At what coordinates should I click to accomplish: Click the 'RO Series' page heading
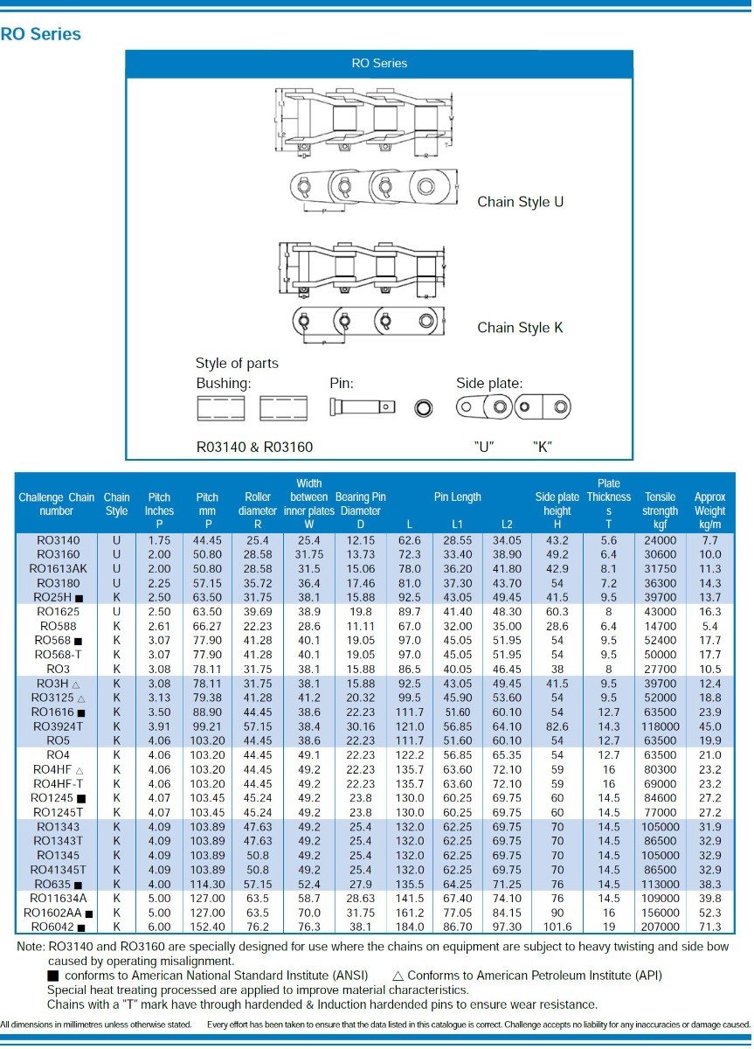41,34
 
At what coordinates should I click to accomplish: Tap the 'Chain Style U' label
520,202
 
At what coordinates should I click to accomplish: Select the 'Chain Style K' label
520,328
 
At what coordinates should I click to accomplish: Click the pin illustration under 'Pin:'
362,406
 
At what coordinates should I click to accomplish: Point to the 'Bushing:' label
224,383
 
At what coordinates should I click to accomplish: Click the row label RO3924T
59,726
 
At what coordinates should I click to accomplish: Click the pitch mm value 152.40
207,926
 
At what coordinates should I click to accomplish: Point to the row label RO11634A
59,898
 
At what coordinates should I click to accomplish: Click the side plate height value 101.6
557,926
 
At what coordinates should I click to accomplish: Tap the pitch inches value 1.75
159,540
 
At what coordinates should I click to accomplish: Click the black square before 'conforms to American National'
53,976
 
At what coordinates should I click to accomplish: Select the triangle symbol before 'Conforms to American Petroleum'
398,976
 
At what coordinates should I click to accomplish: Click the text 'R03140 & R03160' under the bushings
254,447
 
